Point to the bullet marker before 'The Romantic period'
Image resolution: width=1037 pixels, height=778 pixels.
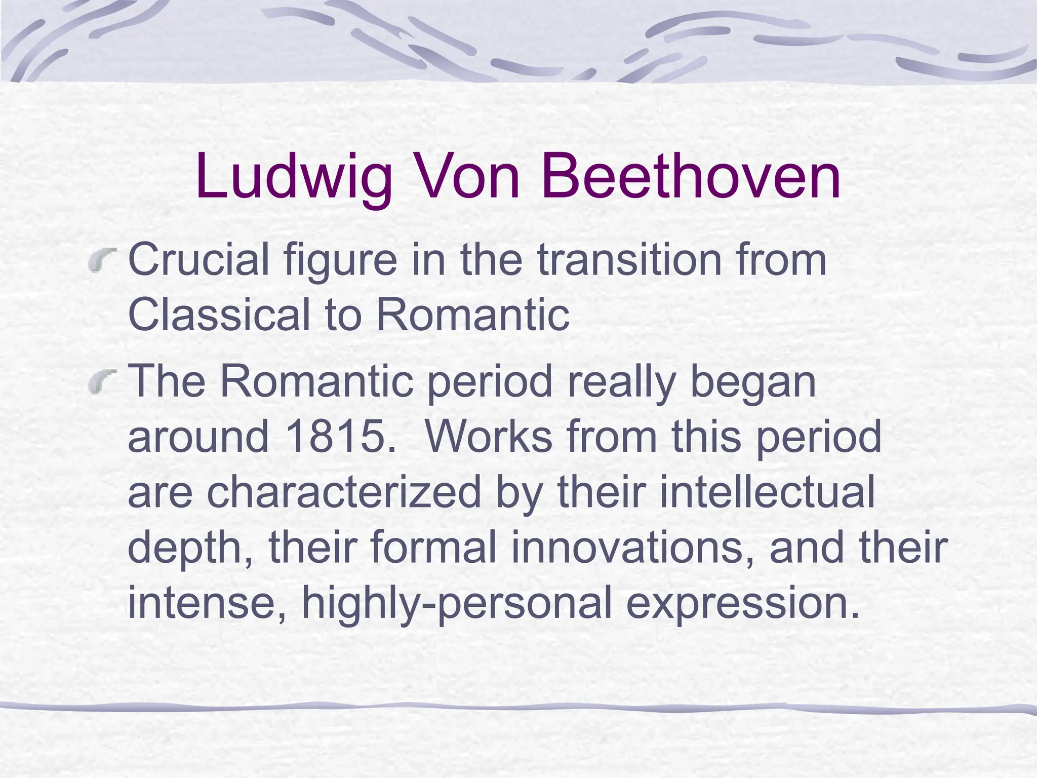click(103, 381)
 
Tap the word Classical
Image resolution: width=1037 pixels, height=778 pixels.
click(219, 314)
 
